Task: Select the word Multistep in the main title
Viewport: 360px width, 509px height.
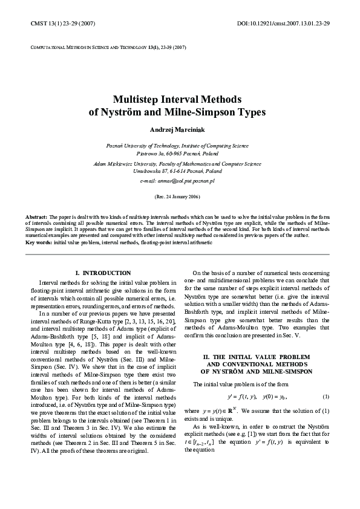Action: coord(138,99)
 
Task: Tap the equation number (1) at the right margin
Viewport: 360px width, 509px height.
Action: coord(326,397)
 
